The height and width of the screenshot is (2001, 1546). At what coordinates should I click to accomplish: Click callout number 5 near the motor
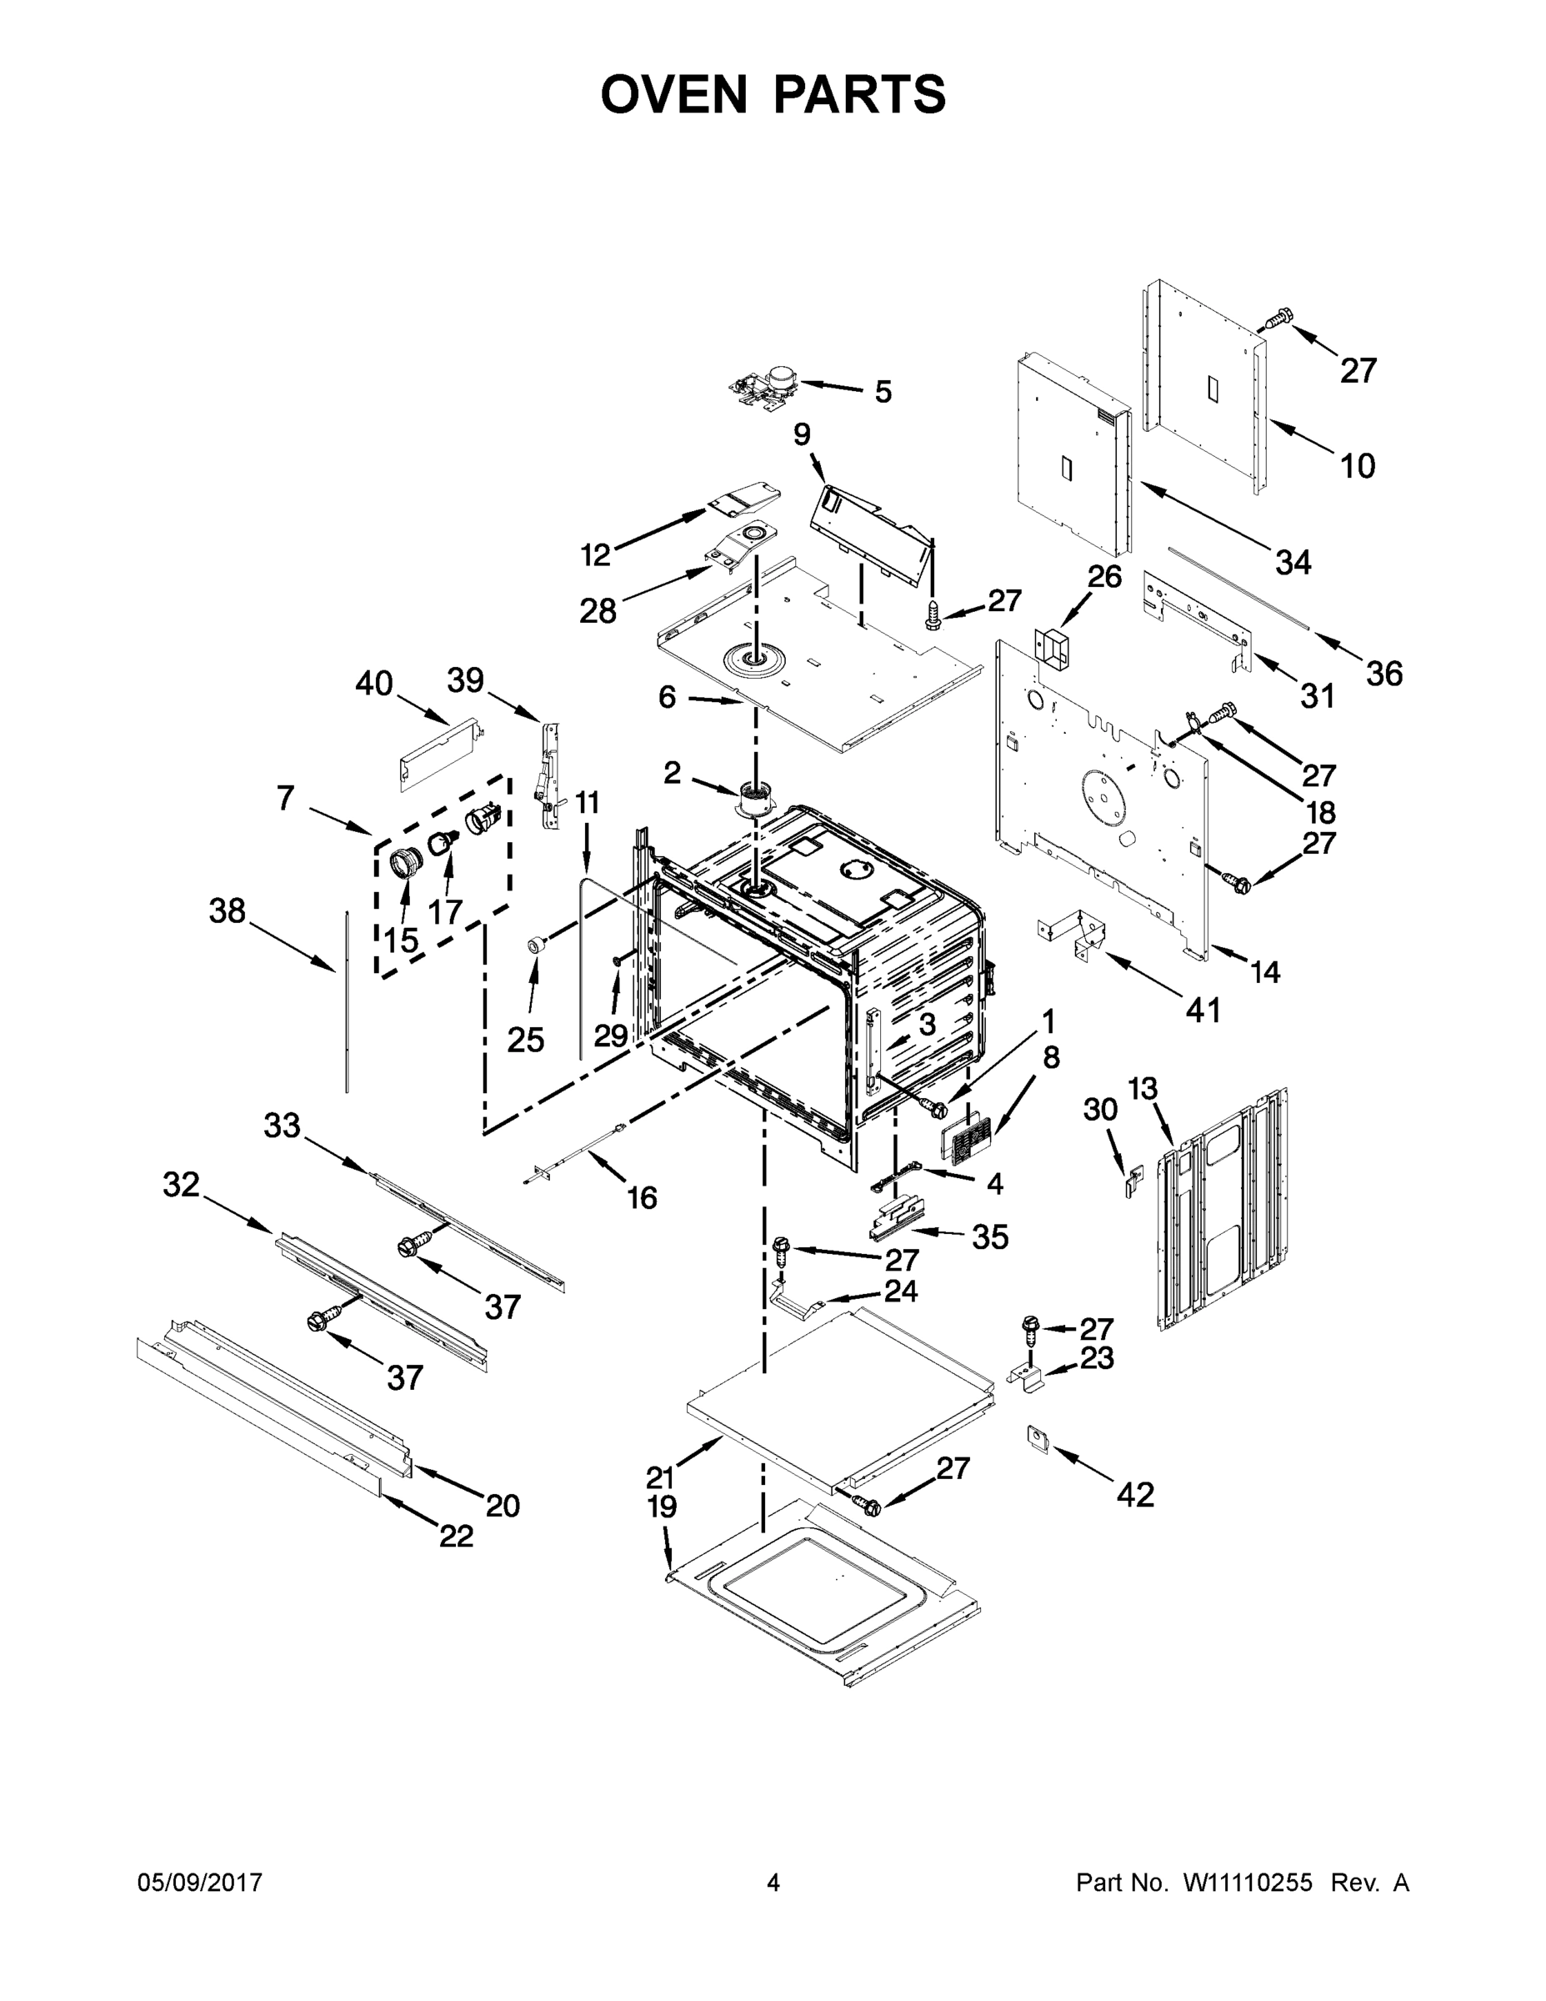click(882, 392)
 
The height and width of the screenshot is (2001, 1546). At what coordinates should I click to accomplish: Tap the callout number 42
click(1135, 1494)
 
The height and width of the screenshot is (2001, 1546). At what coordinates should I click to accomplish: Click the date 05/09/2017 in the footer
click(200, 1883)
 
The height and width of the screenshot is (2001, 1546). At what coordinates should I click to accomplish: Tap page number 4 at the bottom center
click(773, 1883)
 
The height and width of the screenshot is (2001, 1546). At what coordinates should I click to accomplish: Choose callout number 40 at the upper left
click(373, 684)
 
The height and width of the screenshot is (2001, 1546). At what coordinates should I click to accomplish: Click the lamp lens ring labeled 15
click(405, 863)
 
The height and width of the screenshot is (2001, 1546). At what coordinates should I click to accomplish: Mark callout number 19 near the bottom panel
click(663, 1507)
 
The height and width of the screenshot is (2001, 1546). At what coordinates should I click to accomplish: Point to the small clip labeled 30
click(1133, 1180)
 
